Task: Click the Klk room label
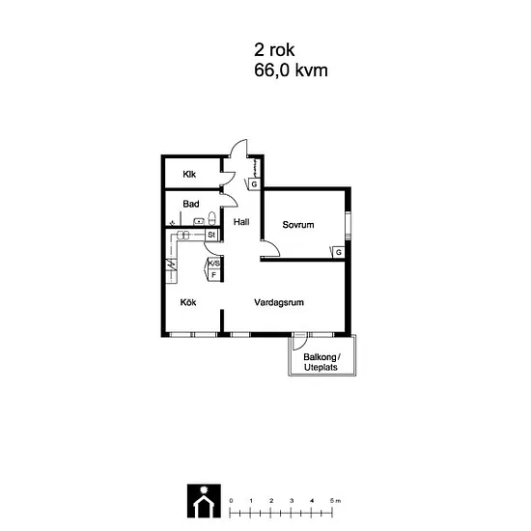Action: tap(189, 174)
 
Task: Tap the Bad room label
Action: tap(191, 204)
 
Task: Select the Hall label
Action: tap(241, 222)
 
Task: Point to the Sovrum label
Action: tap(298, 225)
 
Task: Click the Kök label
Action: tap(188, 302)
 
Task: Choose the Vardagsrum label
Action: tap(279, 302)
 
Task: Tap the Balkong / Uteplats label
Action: tap(321, 362)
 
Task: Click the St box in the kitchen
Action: tap(211, 235)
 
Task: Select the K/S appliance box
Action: tap(213, 264)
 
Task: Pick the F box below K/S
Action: tap(213, 275)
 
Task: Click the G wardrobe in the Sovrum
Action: tap(338, 252)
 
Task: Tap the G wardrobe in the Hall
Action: tap(254, 184)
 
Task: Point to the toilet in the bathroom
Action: tap(211, 218)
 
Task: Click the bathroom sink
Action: tap(199, 222)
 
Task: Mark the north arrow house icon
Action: tap(204, 501)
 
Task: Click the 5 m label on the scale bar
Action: tap(335, 500)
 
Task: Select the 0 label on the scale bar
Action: tap(231, 500)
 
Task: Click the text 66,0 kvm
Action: tap(291, 70)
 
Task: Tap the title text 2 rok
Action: tap(274, 50)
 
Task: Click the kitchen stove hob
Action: tap(183, 235)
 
